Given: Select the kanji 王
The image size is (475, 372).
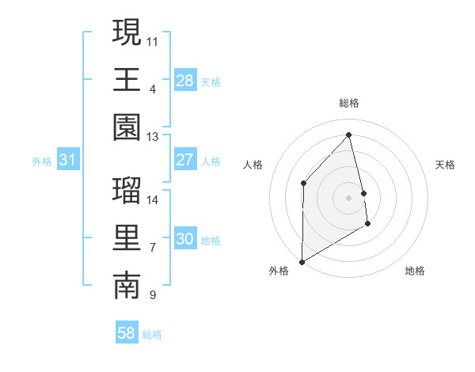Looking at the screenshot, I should point(127,80).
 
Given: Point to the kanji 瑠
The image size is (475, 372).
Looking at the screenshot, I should point(127,191).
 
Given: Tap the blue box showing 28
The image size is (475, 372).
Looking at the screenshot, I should point(184,80).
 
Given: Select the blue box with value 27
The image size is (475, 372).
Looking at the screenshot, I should point(184,160).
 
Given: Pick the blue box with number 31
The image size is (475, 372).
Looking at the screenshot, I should point(67,161).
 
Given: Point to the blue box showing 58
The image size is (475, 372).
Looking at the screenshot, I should point(126,333).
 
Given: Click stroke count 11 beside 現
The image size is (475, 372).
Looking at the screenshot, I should point(153,40).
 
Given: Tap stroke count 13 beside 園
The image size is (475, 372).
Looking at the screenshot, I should point(153,136).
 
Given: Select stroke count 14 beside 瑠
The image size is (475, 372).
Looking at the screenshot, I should point(153,199).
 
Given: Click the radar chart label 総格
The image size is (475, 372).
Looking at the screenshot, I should point(349,103).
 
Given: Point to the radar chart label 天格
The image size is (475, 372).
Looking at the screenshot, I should point(446,165).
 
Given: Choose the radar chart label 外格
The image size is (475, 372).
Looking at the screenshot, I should point(279,271).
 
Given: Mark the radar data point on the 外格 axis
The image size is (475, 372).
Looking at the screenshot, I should point(302,262).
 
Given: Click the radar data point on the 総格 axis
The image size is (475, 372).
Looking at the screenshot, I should point(349,135).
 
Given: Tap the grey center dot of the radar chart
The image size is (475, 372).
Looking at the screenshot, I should point(349,198).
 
